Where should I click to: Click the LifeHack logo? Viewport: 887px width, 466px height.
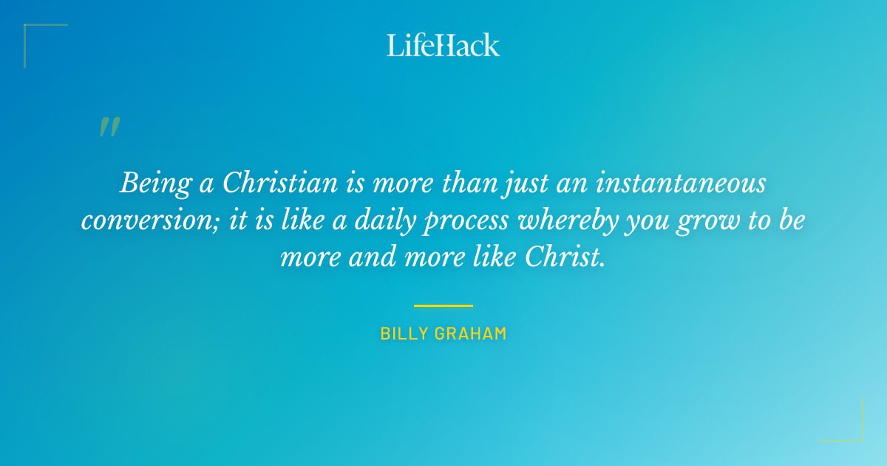point(443,45)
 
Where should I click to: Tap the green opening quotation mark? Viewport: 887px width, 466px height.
point(109,127)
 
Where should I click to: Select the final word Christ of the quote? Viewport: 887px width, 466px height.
point(567,257)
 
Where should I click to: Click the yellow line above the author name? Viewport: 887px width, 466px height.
point(443,305)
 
